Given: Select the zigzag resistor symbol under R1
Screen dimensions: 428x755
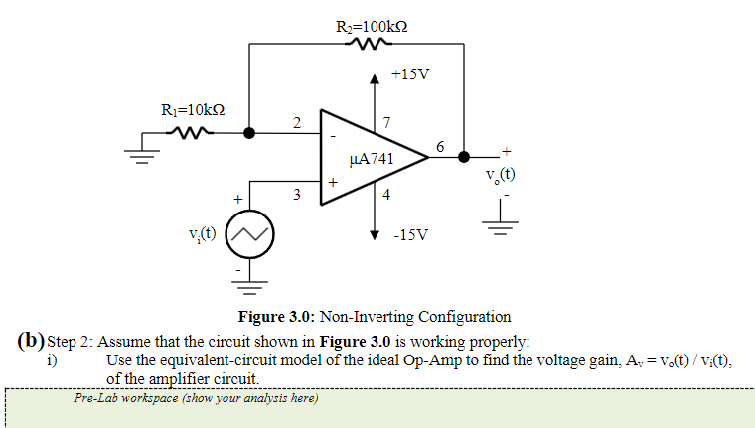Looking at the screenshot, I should click(189, 131).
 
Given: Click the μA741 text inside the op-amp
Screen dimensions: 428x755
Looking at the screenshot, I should click(373, 158).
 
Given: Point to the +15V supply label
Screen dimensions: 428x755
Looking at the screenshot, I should click(409, 75).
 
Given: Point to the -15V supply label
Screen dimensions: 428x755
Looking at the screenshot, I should click(410, 235).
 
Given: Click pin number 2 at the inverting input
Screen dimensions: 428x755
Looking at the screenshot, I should click(297, 122).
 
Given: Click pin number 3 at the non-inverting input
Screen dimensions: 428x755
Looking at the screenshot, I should click(297, 194).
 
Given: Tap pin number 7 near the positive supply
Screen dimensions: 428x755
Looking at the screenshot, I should click(386, 122).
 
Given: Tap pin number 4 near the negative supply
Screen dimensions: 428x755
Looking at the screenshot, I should click(386, 195).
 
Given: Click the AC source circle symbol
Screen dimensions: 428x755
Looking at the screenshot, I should click(248, 235).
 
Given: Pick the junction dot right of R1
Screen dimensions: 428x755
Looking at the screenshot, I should click(248, 131).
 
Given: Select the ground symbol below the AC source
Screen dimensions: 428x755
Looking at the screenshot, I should click(248, 287).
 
